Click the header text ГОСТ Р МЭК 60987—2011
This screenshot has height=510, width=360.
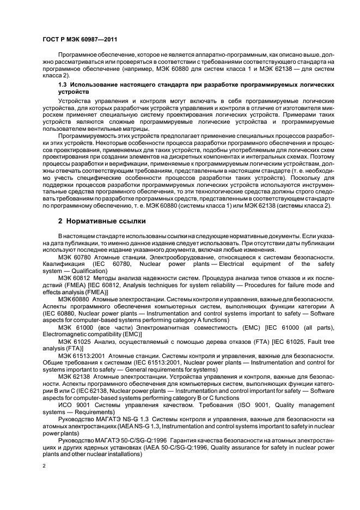tap(80, 40)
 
